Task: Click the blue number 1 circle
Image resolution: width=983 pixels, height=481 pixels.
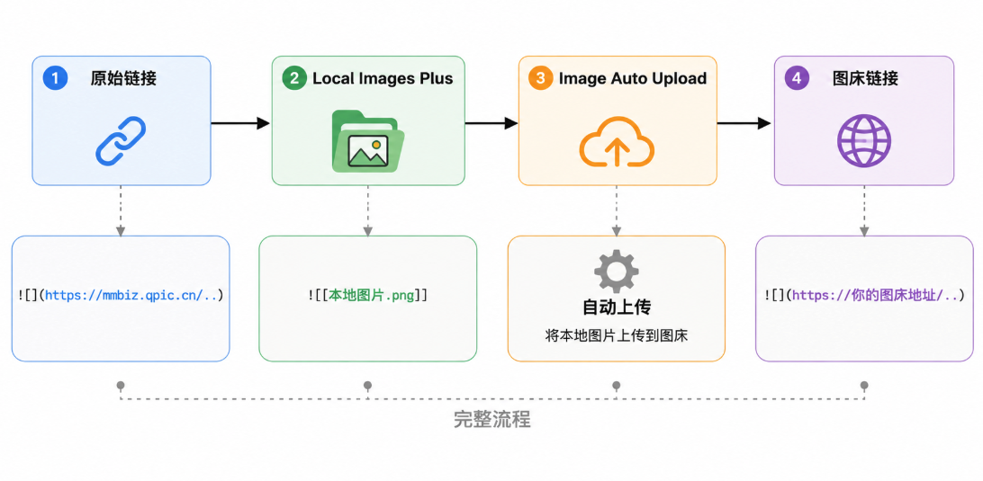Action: coord(55,78)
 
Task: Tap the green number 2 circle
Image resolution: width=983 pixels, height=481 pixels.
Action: coord(292,78)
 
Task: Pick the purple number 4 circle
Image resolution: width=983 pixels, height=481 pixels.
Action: coord(796,78)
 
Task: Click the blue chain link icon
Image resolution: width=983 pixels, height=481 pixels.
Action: coord(121,141)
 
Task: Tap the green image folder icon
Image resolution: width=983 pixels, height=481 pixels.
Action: coord(368,141)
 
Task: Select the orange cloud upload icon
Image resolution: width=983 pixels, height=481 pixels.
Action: coord(617,141)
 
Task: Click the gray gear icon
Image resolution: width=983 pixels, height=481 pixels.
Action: coord(617,271)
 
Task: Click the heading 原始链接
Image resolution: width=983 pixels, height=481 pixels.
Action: coord(123,78)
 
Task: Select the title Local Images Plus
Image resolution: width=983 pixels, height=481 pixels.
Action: coord(383,78)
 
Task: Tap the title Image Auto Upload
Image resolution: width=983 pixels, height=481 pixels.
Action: coord(633,78)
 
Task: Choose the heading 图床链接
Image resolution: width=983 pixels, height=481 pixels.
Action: coord(865,78)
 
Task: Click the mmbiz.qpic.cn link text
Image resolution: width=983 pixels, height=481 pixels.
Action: coord(131,295)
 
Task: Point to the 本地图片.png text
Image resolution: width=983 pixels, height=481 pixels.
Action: coord(372,295)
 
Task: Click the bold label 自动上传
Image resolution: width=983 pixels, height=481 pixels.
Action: coord(617,307)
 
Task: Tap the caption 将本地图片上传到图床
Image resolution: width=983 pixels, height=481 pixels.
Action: coord(617,335)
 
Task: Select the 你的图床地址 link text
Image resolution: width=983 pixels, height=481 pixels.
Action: coord(876,295)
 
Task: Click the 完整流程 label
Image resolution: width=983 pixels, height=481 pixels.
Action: coord(492,420)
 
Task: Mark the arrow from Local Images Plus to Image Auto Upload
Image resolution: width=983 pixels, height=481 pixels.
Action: coord(491,123)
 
